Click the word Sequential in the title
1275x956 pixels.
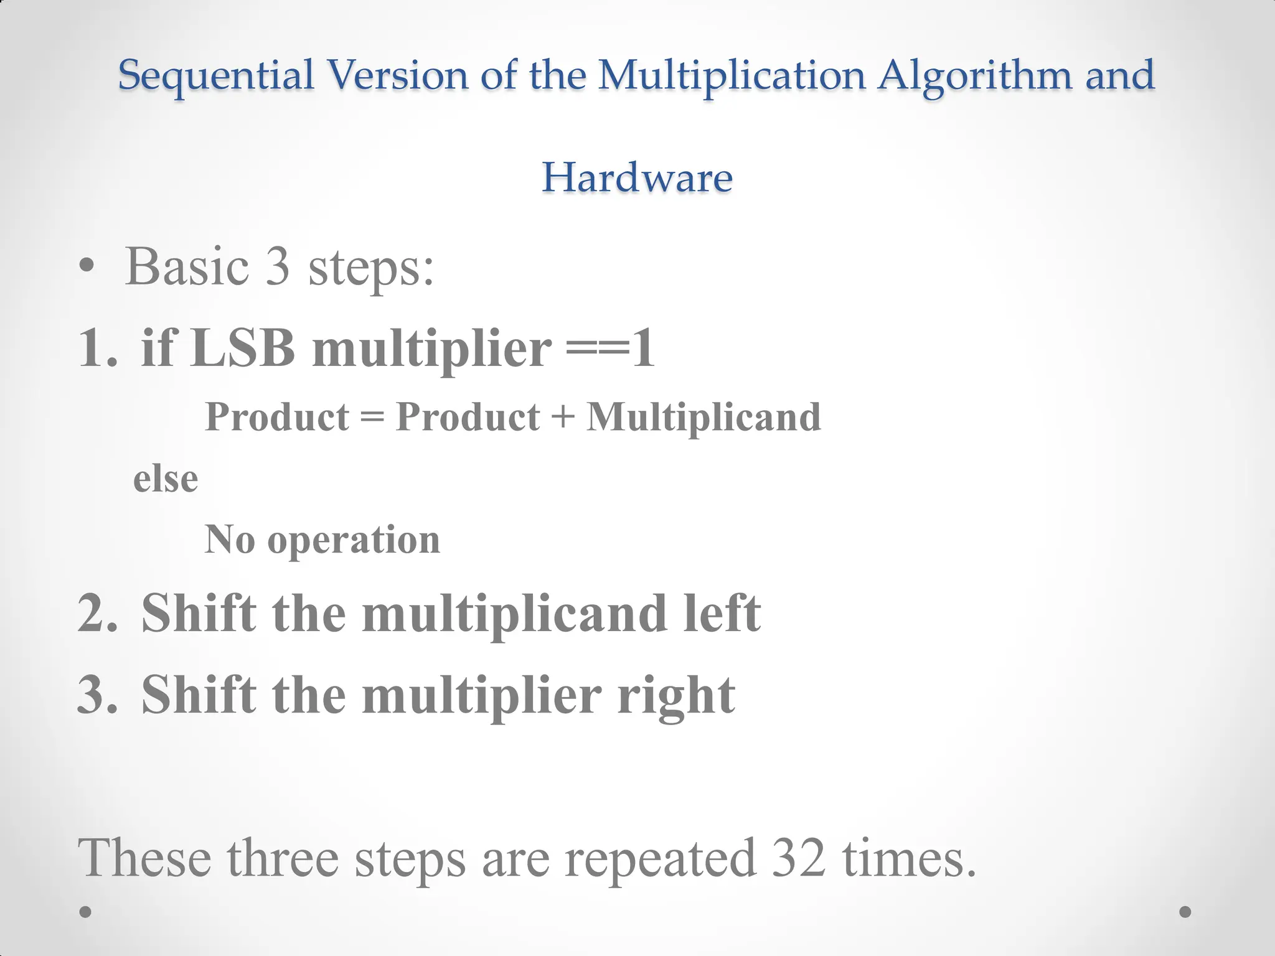click(x=216, y=75)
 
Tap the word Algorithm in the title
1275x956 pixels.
click(x=976, y=75)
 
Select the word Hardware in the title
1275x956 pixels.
click(x=637, y=177)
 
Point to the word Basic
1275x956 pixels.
click(x=187, y=267)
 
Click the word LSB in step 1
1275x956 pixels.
click(x=243, y=348)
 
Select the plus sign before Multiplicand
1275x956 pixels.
click(x=563, y=416)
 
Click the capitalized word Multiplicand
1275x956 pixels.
click(x=703, y=416)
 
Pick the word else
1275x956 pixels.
click(x=166, y=479)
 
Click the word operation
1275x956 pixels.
click(x=354, y=540)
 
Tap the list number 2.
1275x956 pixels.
click(x=96, y=614)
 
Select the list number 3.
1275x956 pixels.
click(x=96, y=695)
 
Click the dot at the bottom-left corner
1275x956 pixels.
click(x=86, y=912)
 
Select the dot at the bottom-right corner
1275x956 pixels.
click(x=1185, y=912)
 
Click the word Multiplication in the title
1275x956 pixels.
click(x=732, y=75)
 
